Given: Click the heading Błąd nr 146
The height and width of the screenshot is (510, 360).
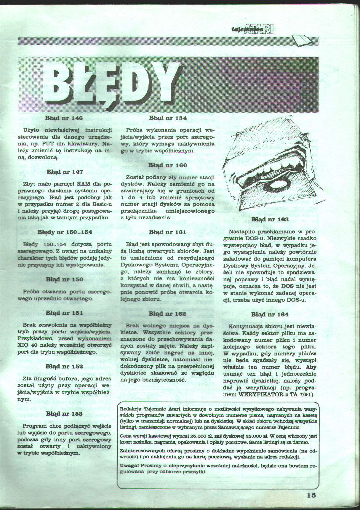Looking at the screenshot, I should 64,118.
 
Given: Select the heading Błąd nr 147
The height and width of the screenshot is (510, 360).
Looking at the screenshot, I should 65,172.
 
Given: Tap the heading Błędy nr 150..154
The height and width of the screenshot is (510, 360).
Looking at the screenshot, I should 65,232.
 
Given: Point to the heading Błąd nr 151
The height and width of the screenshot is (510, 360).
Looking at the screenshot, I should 64,313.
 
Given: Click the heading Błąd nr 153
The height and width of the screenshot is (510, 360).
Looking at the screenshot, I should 64,414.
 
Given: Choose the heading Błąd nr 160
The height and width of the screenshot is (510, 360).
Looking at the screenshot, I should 168,165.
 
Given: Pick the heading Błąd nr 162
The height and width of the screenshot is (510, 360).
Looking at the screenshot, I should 167,314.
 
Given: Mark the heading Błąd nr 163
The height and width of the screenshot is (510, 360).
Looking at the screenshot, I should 270,220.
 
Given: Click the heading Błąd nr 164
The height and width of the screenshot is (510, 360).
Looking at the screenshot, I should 270,314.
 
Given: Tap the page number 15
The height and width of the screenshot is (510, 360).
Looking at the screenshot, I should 311,495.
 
